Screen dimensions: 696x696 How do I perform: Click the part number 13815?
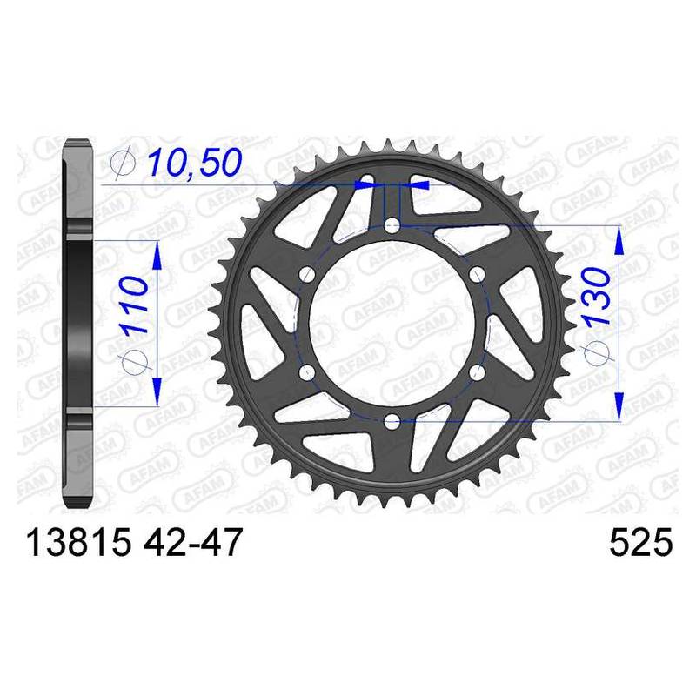(x=79, y=542)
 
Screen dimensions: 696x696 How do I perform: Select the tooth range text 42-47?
(x=193, y=542)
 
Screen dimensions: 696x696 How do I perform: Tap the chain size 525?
(x=641, y=542)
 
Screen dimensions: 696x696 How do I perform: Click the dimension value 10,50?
(x=195, y=162)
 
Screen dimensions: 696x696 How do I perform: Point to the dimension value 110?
(x=133, y=304)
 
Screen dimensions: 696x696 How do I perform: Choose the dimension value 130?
(x=597, y=296)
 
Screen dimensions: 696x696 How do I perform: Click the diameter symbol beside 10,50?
(x=124, y=163)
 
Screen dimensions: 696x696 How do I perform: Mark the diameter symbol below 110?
(x=135, y=361)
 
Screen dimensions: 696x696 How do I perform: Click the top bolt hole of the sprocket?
(x=391, y=226)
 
